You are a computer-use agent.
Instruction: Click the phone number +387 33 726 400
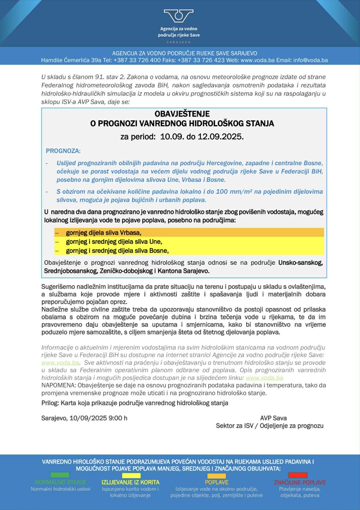pos(137,60)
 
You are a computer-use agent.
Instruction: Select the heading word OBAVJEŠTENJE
pos(182,114)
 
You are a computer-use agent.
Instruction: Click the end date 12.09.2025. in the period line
pos(221,137)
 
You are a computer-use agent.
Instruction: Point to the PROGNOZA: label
pos(63,151)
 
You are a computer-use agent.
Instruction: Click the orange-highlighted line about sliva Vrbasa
pos(103,233)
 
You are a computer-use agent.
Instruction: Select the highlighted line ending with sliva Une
pos(114,242)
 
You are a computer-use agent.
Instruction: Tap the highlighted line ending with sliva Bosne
pos(117,251)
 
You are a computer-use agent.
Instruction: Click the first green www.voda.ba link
pos(60,363)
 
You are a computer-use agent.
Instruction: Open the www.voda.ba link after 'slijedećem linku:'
pos(264,378)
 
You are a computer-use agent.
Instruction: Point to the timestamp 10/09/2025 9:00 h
pos(98,418)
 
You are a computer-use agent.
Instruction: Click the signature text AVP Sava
pos(273,418)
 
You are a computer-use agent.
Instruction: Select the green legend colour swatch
pos(60,475)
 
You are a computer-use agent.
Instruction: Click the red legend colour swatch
pos(298,475)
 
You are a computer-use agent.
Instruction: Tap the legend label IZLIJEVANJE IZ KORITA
pos(131,482)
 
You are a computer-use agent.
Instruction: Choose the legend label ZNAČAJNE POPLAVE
pos(300,482)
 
